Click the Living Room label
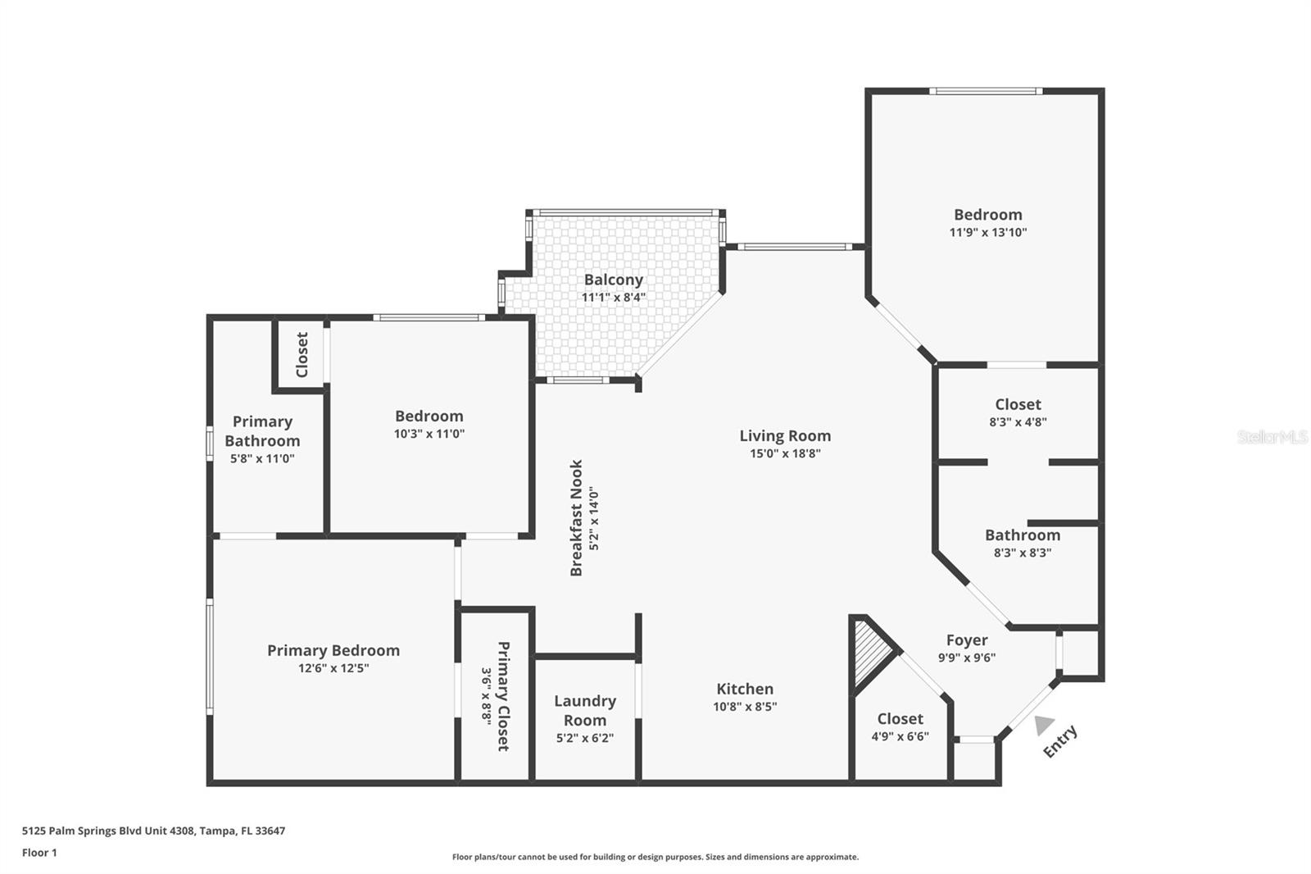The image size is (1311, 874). [x=785, y=436]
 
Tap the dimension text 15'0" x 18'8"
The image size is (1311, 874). [x=785, y=453]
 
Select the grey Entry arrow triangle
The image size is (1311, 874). [x=1043, y=725]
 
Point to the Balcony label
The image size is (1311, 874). [x=613, y=280]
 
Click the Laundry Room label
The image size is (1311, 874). [x=584, y=710]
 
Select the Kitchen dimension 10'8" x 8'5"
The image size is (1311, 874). [x=745, y=707]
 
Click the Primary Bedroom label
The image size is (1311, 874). [x=333, y=650]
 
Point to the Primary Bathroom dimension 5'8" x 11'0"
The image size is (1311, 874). [x=262, y=459]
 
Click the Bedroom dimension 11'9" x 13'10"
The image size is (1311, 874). [x=987, y=232]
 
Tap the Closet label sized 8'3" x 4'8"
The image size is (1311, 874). [x=1018, y=404]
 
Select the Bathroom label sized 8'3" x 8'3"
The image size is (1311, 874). [x=1022, y=535]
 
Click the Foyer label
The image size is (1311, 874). [x=967, y=640]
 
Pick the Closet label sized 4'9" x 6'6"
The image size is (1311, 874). [x=900, y=719]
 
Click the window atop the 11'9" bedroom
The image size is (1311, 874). [x=986, y=91]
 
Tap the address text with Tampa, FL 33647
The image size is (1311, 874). [x=153, y=831]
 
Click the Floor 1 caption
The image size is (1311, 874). [x=39, y=853]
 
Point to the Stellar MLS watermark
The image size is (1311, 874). [x=1272, y=437]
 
